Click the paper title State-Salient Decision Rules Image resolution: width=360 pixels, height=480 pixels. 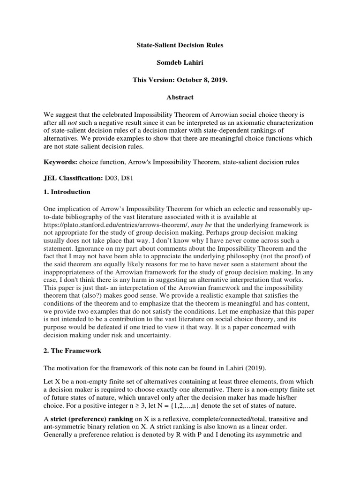180,45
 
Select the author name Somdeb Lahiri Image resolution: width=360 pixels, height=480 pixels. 180,63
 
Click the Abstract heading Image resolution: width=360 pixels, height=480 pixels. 180,97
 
